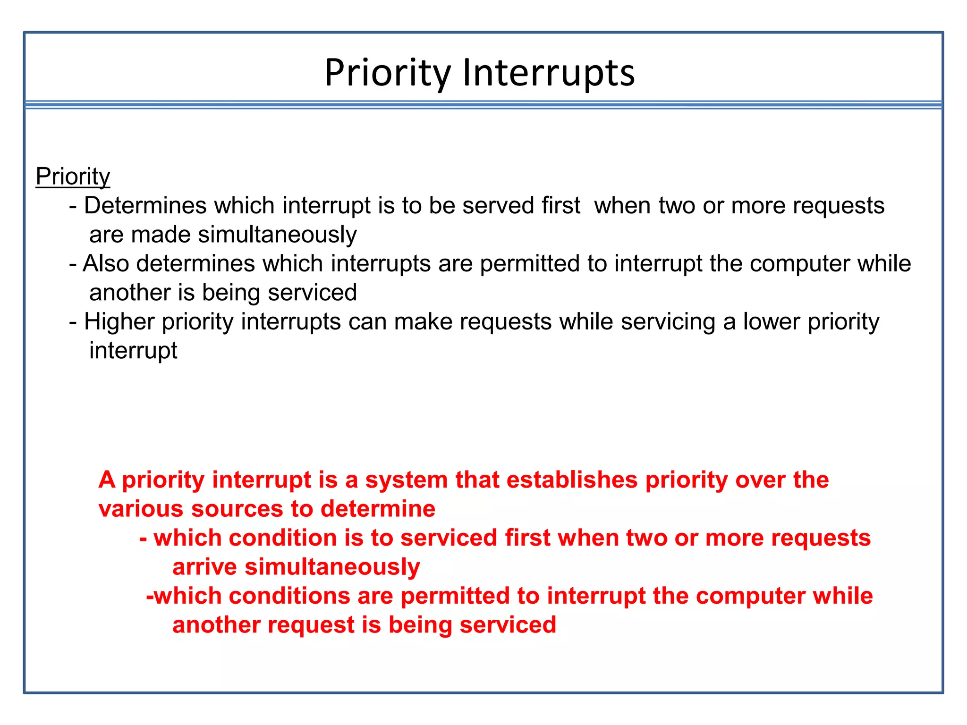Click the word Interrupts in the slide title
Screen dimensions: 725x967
coord(548,73)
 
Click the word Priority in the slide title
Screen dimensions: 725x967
coord(388,73)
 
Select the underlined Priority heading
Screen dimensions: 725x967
coord(73,177)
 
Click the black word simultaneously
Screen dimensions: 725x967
coord(277,235)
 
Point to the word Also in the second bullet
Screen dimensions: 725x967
coord(106,263)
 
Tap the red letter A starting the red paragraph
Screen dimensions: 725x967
coord(107,480)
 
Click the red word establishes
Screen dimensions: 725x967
coord(572,480)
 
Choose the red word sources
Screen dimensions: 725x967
coord(237,509)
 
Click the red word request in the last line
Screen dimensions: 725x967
coord(311,625)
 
